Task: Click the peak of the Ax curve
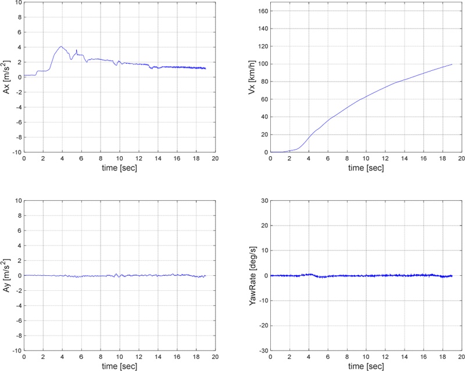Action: tap(61, 46)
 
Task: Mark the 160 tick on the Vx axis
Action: tap(262, 10)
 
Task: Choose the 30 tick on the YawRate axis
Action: tap(264, 201)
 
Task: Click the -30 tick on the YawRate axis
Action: tap(263, 351)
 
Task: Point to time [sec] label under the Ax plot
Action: tap(119, 168)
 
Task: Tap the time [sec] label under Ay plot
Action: tap(119, 366)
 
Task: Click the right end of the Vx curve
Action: tap(452, 64)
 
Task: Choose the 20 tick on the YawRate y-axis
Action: tap(264, 226)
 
